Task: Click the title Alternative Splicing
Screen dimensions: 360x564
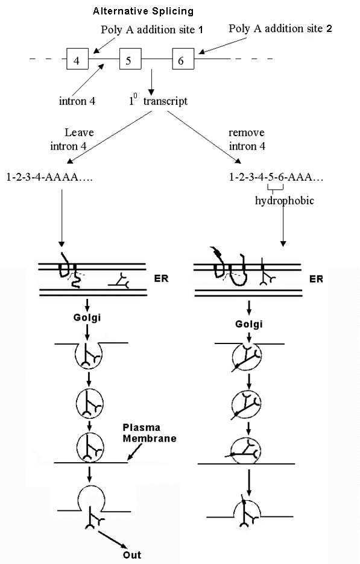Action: [x=144, y=11]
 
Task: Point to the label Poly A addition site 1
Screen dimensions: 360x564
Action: [x=152, y=30]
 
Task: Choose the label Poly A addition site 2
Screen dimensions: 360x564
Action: [x=280, y=28]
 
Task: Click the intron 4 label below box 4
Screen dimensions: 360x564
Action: [x=77, y=101]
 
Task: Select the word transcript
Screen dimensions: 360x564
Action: [x=165, y=101]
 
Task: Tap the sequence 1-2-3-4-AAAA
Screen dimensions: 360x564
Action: [x=49, y=177]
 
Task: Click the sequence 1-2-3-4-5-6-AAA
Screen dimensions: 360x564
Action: [x=276, y=177]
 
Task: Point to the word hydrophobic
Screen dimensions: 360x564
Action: [x=285, y=200]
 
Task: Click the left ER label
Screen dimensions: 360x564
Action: [x=161, y=278]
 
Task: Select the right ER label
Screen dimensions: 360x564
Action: [x=316, y=279]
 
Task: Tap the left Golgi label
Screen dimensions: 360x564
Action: [x=87, y=318]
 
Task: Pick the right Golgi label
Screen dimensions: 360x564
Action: [x=249, y=324]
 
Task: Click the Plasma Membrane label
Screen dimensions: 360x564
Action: [x=150, y=433]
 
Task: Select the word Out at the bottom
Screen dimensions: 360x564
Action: [x=132, y=554]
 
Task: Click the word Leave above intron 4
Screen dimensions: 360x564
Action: [x=79, y=133]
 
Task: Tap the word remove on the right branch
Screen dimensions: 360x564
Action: [x=247, y=133]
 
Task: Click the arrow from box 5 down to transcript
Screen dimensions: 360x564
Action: [x=151, y=82]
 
